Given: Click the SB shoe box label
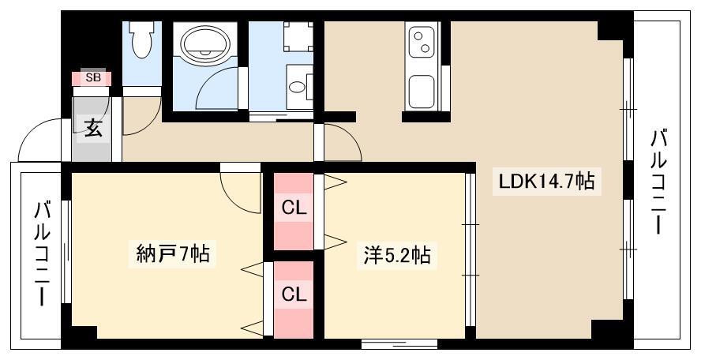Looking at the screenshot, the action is pyautogui.click(x=93, y=78).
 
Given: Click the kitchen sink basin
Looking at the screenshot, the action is pyautogui.click(x=421, y=92).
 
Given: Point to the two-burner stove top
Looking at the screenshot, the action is pyautogui.click(x=422, y=42).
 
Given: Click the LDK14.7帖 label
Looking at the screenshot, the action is pyautogui.click(x=547, y=182).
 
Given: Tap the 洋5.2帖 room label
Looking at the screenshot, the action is pyautogui.click(x=397, y=255).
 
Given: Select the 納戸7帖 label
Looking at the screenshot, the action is pyautogui.click(x=172, y=254).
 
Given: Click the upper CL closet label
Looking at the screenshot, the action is pyautogui.click(x=294, y=208).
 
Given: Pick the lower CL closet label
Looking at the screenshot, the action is pyautogui.click(x=294, y=294).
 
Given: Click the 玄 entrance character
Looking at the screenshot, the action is pyautogui.click(x=93, y=128).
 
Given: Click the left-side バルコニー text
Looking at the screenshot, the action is pyautogui.click(x=42, y=253).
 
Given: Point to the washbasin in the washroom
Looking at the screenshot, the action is pyautogui.click(x=296, y=87).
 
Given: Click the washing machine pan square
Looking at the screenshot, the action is pyautogui.click(x=298, y=36).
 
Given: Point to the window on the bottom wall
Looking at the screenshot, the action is pyautogui.click(x=399, y=344).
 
